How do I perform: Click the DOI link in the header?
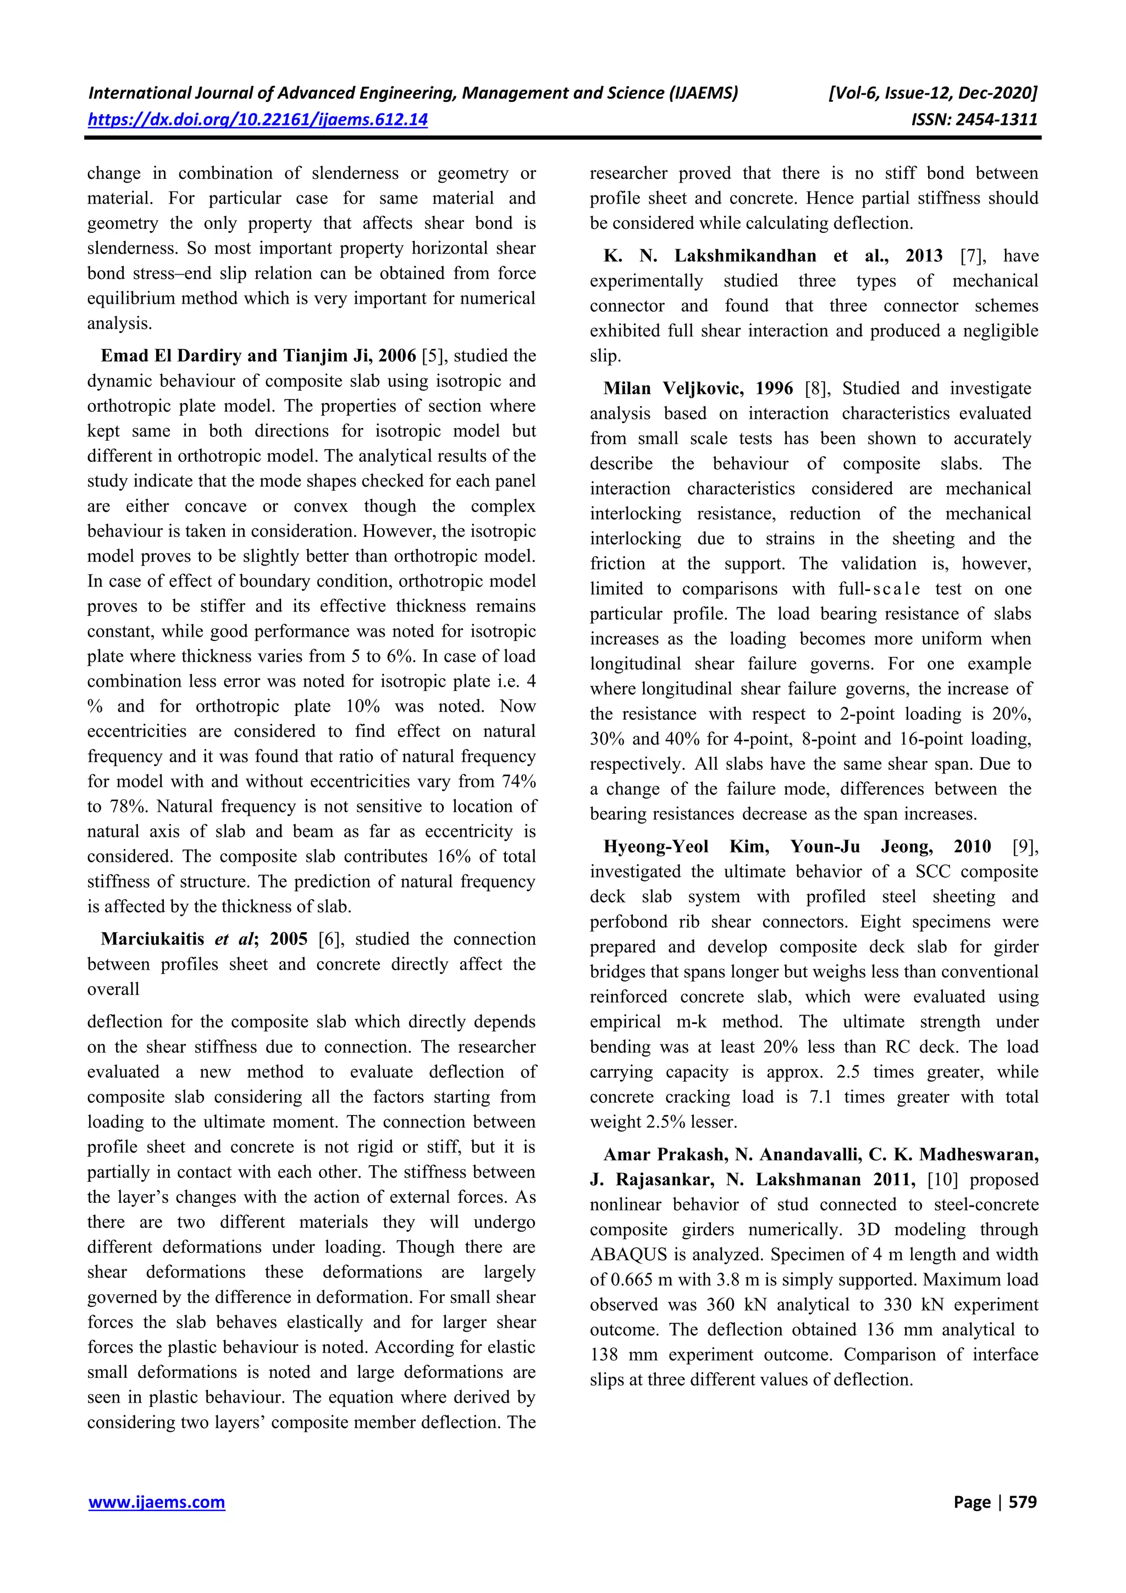257,119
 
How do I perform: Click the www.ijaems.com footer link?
157,1502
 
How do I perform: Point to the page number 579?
1023,1502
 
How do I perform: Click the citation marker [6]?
330,939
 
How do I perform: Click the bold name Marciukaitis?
152,939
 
